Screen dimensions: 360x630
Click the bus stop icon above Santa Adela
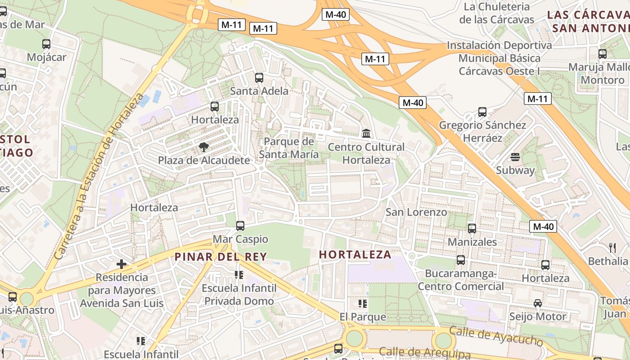(x=259, y=77)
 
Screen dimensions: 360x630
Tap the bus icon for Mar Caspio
(x=240, y=225)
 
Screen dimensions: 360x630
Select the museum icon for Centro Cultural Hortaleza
(x=366, y=133)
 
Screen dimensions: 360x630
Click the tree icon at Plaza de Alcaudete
(x=203, y=147)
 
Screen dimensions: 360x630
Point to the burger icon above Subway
(x=515, y=157)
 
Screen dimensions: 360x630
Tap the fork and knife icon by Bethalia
(x=612, y=247)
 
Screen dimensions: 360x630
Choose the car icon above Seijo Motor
(x=538, y=303)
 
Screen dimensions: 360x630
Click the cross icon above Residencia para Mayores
(x=121, y=264)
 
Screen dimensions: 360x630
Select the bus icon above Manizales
(x=472, y=228)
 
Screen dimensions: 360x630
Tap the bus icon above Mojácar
(x=46, y=44)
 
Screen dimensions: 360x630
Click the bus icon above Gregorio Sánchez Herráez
(x=482, y=112)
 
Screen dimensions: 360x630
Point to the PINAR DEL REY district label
(x=220, y=256)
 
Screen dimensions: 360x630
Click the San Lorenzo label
(x=416, y=212)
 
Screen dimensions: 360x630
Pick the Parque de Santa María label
(x=288, y=148)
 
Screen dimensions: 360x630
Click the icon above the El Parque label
(x=363, y=304)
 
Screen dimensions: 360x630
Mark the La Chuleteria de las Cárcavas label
(x=497, y=13)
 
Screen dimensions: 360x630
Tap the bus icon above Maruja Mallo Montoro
(x=603, y=54)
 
